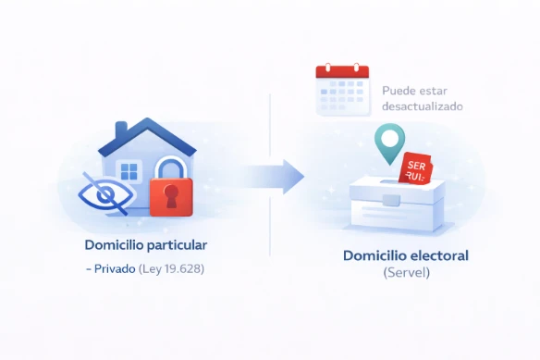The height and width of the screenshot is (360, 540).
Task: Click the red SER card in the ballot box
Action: pyautogui.click(x=416, y=168)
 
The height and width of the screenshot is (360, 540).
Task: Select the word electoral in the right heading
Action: pyautogui.click(x=437, y=255)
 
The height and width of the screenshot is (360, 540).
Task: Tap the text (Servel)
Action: pyautogui.click(x=407, y=273)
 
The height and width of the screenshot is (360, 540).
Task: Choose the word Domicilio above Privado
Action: pyautogui.click(x=111, y=245)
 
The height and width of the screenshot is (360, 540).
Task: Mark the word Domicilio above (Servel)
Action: pyautogui.click(x=373, y=255)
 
